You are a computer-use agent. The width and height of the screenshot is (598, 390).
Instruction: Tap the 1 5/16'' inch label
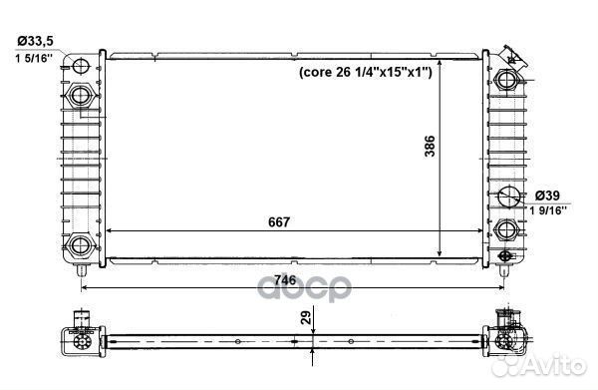coord(34,59)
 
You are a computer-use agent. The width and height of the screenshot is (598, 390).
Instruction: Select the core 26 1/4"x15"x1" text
coord(366,72)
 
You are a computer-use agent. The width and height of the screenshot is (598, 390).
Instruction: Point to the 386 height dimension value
coord(430,146)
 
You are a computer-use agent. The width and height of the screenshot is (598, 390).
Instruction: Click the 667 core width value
coord(279,222)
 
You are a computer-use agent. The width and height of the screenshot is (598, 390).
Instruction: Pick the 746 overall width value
coord(285,280)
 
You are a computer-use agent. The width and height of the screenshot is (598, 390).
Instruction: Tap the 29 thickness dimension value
coord(306,317)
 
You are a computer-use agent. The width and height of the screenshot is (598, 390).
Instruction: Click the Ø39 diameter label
coord(547,195)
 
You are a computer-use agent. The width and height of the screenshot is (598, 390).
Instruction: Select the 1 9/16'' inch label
coord(547,210)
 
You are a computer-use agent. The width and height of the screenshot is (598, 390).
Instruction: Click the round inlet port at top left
coord(81,65)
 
